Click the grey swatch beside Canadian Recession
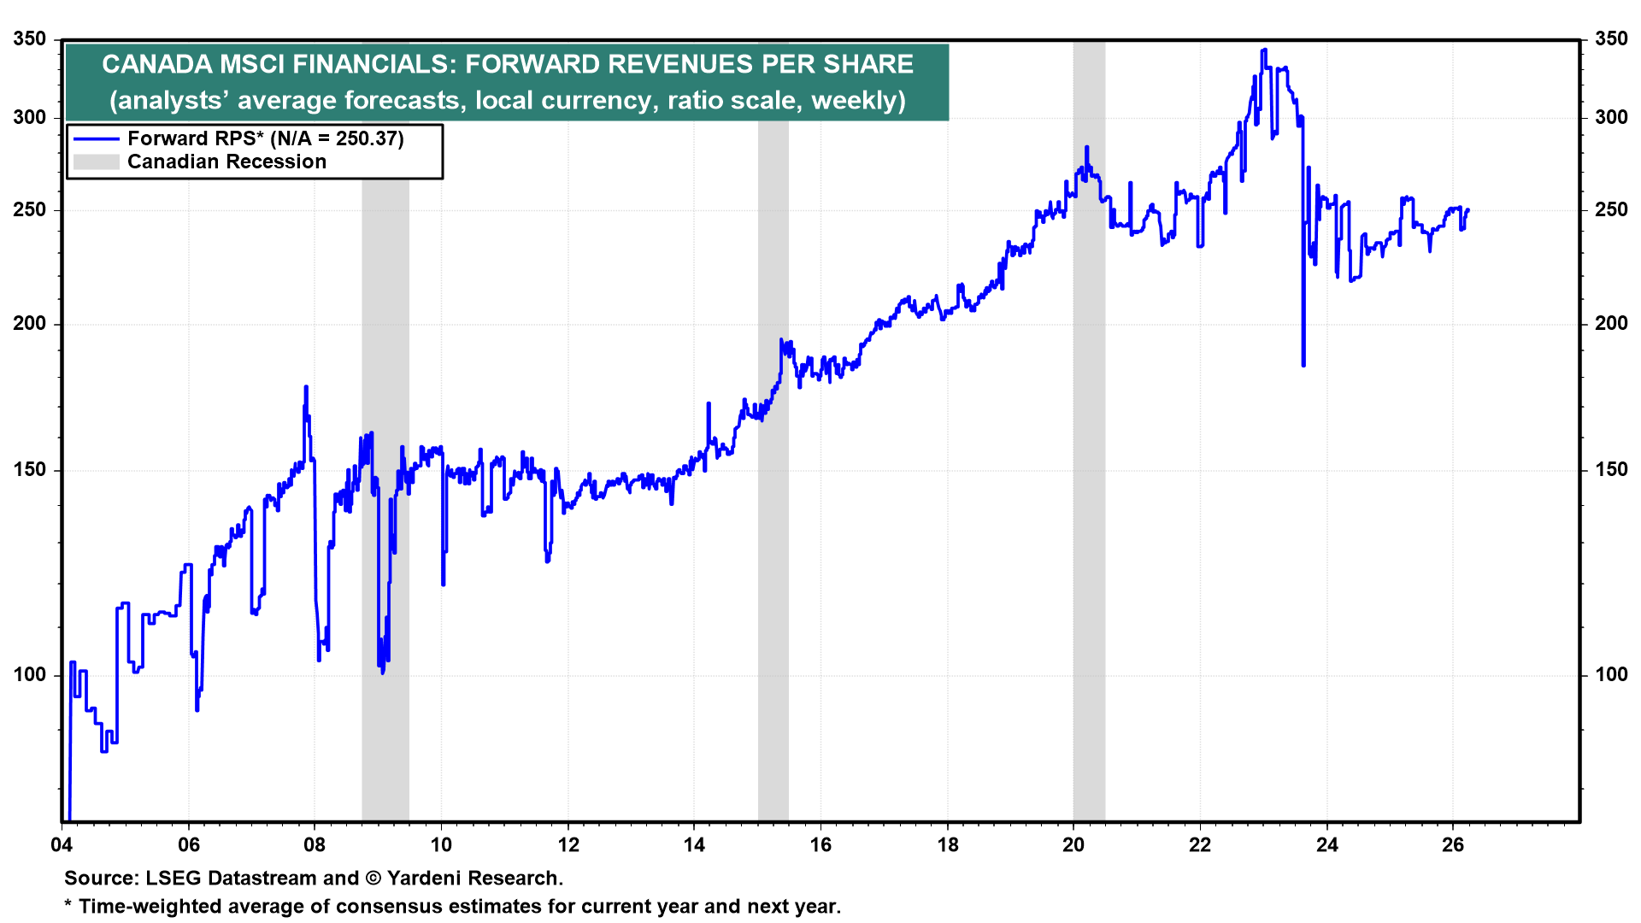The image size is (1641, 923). coord(96,162)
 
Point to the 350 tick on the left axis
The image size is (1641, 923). coord(30,39)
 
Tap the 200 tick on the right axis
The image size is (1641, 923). coord(1611,323)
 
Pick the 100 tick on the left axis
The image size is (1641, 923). coord(30,674)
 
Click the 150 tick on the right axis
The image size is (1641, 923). coord(1611,469)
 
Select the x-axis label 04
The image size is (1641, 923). coord(62,845)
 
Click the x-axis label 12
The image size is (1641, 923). coord(568,845)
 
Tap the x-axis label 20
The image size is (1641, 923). coord(1073,845)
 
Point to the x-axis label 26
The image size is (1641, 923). coord(1453,845)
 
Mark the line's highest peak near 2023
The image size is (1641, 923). coord(1264,50)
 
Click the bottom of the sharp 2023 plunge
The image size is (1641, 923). coord(1303,365)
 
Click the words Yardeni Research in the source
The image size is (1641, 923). coord(474,878)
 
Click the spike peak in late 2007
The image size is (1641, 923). coord(306,387)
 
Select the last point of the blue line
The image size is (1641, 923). coord(1467,210)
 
